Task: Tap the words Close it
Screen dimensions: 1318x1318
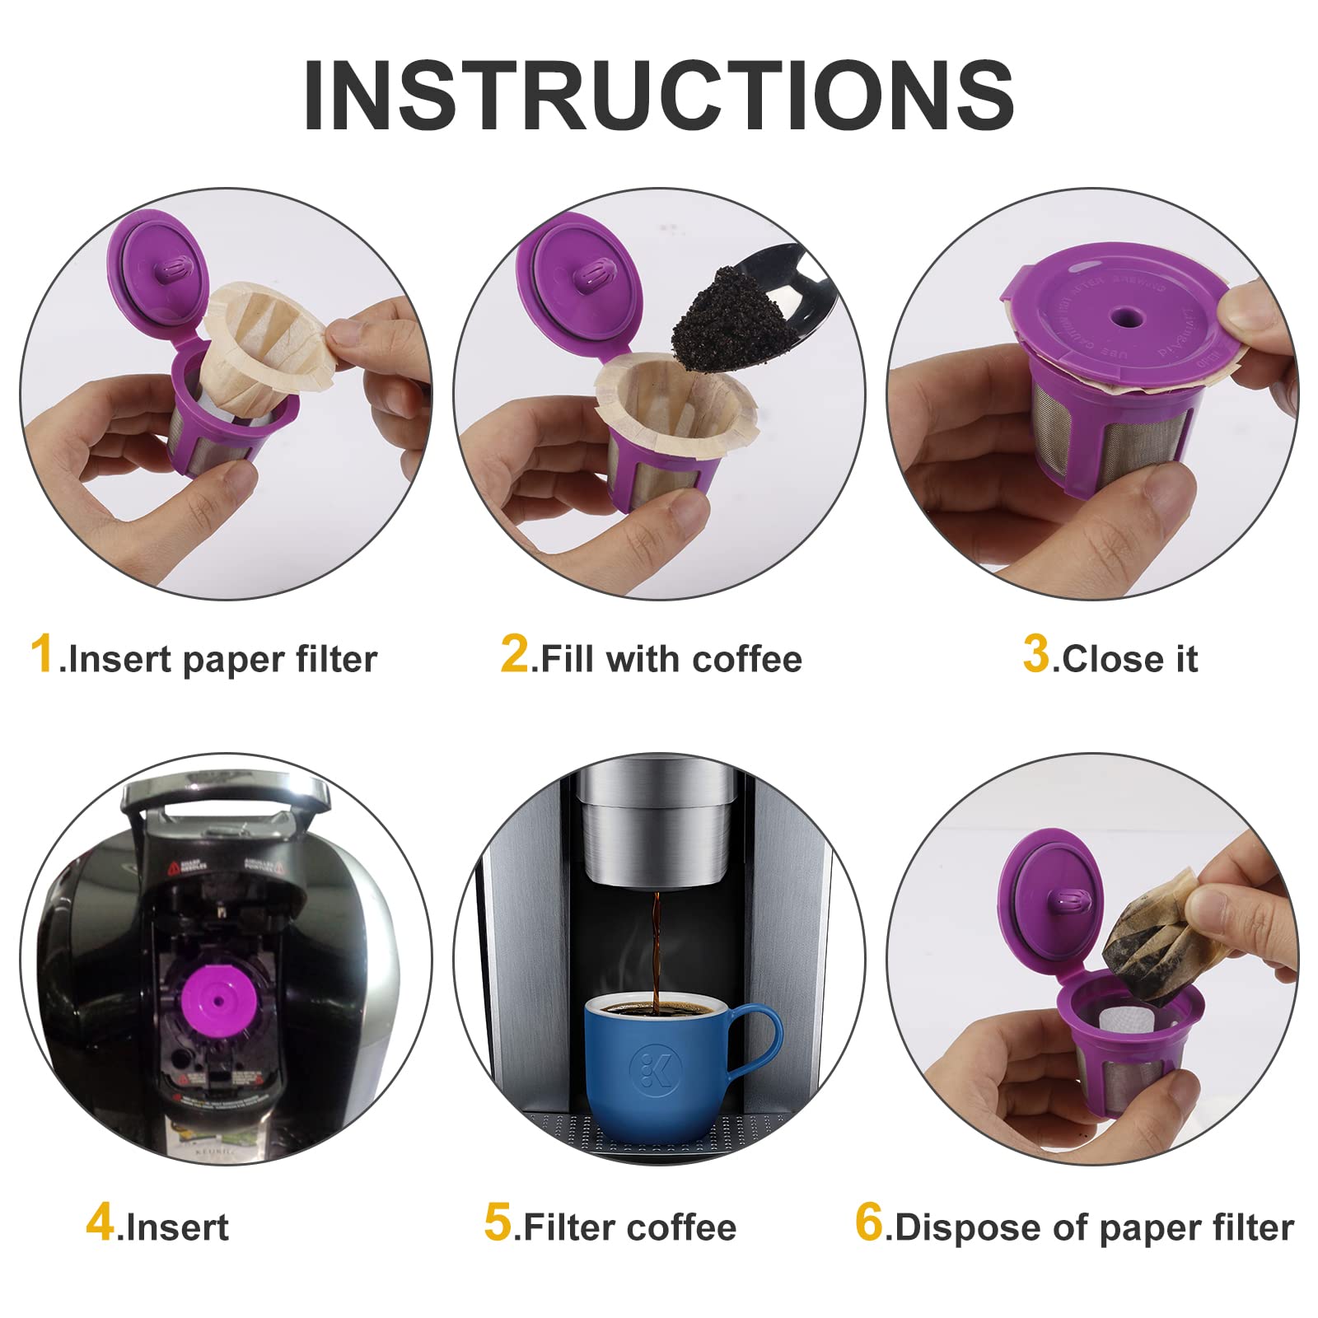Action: click(x=1129, y=660)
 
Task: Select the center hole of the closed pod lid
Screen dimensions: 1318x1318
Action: click(x=1120, y=318)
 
